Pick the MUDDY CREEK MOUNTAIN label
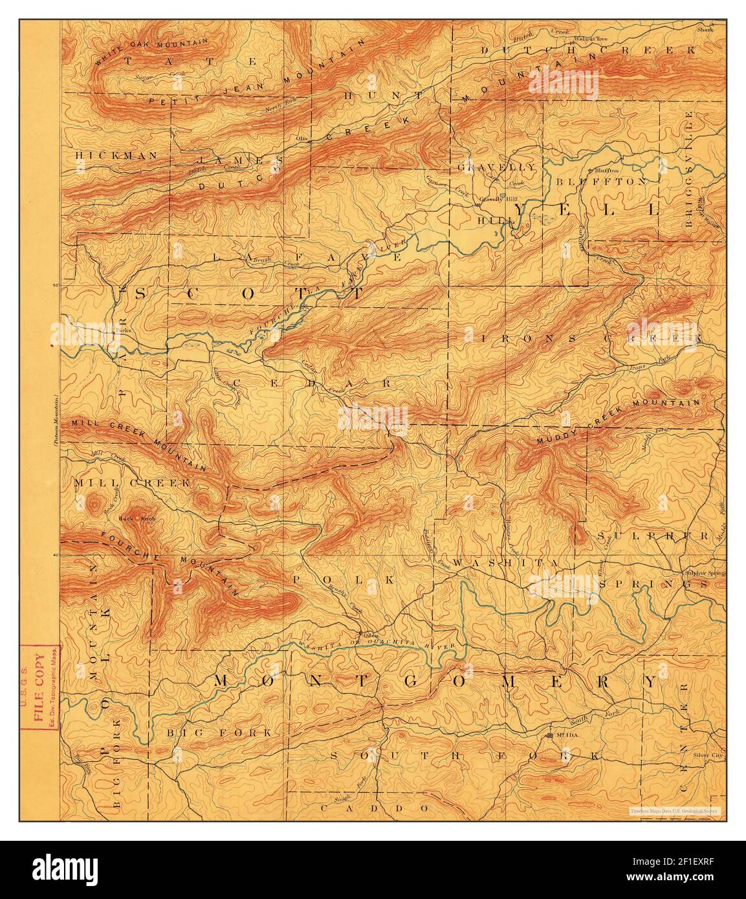618,421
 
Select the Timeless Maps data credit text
677,810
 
